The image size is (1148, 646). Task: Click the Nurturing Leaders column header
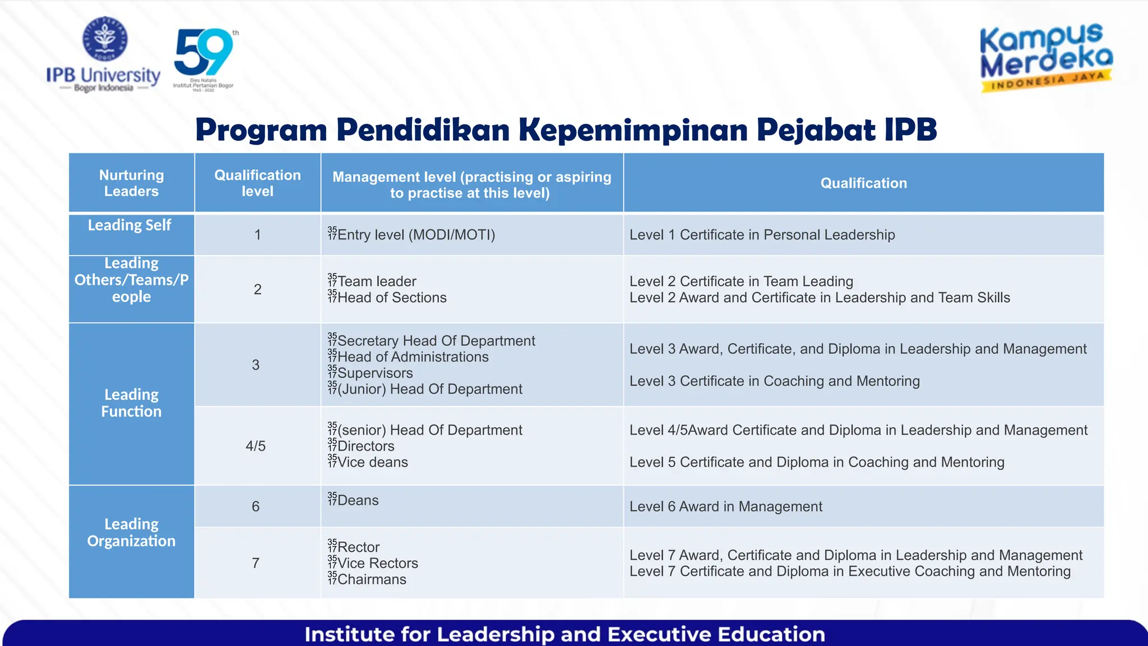[x=131, y=183]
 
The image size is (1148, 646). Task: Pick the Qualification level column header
[x=257, y=183]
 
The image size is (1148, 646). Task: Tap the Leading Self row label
[x=129, y=225]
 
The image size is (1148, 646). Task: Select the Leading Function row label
[x=131, y=403]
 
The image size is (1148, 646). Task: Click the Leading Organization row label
[x=131, y=532]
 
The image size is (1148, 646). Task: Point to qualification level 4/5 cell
[x=256, y=446]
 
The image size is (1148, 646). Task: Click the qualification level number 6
[x=256, y=506]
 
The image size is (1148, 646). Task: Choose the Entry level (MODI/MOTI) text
[x=416, y=234]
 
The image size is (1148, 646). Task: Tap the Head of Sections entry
[x=392, y=297]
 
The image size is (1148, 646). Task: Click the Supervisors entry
[x=375, y=373]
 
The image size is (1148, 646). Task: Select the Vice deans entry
[x=373, y=462]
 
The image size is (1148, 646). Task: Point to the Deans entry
[x=358, y=500]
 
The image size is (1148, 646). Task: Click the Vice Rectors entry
[x=377, y=563]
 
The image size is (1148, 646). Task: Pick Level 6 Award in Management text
[x=725, y=506]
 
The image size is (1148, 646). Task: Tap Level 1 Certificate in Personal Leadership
[x=762, y=234]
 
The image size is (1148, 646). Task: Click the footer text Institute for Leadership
[x=564, y=634]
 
